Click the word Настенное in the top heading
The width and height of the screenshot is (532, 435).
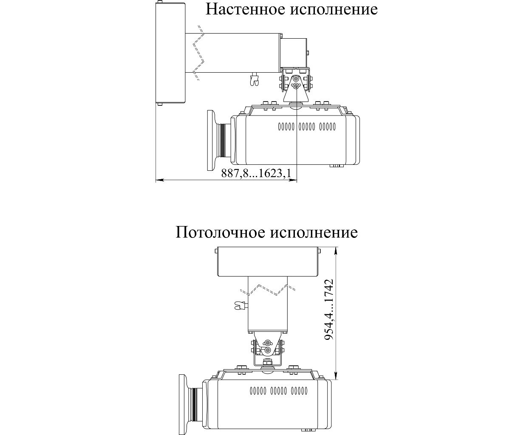[246, 9]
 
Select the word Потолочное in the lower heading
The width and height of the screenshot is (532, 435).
[220, 232]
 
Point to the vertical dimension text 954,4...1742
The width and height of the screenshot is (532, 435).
[329, 310]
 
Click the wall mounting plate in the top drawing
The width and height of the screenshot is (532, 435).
[170, 54]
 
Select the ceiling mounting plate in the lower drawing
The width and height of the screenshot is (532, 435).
[268, 261]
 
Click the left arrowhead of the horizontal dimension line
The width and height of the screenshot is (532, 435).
[158, 181]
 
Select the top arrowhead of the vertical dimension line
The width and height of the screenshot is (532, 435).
[336, 250]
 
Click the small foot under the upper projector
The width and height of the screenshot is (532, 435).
[336, 166]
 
